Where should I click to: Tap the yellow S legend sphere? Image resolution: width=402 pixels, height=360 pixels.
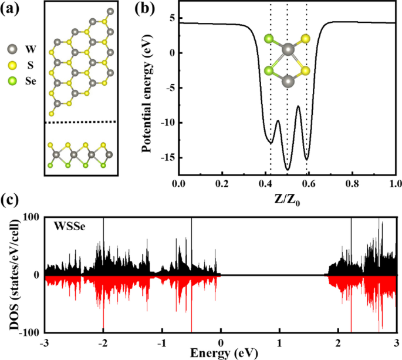click(12, 70)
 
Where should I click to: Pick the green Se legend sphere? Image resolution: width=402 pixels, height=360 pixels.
click(12, 83)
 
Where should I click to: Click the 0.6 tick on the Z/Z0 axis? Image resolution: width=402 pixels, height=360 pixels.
click(309, 184)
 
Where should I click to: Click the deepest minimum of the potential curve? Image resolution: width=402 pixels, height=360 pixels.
click(288, 169)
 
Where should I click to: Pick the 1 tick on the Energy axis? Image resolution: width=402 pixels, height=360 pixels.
click(279, 342)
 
